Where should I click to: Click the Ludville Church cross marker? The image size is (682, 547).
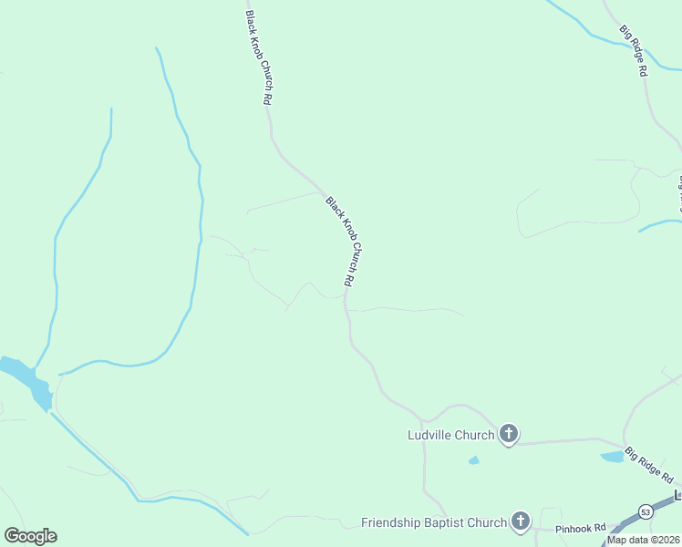click(509, 434)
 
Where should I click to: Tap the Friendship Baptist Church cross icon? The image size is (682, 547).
click(521, 521)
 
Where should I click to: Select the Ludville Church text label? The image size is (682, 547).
click(450, 435)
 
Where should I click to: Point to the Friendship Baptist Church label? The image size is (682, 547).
click(433, 522)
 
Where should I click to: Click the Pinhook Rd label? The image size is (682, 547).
click(581, 528)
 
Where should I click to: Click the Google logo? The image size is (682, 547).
click(30, 536)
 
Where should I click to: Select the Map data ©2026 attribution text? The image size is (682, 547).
click(644, 540)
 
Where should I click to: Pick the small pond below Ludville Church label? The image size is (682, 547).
click(473, 460)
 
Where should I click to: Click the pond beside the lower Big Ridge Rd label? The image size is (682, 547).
click(612, 456)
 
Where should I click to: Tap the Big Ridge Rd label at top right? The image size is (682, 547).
click(634, 50)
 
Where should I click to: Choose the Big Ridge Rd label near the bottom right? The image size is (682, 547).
click(650, 465)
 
